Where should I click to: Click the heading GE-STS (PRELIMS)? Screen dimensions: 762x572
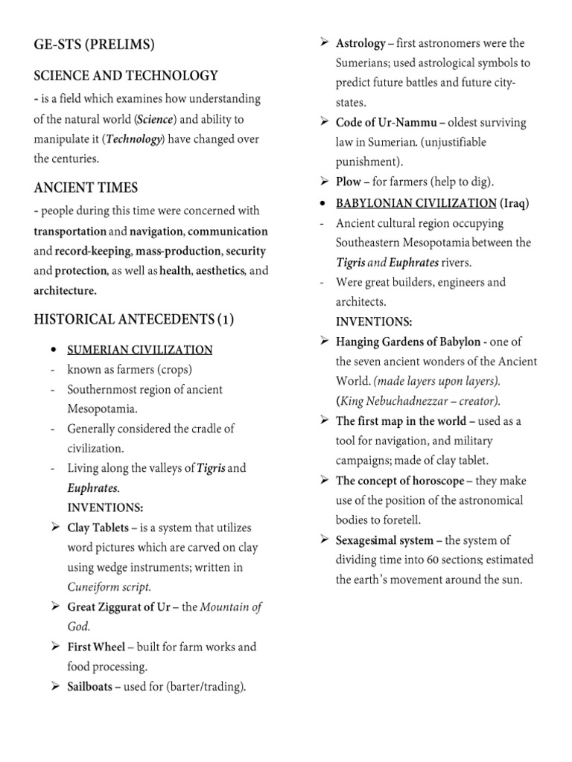click(x=94, y=45)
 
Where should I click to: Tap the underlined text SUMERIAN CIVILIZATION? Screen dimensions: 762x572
click(x=140, y=350)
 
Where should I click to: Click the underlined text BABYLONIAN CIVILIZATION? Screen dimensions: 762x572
click(x=416, y=203)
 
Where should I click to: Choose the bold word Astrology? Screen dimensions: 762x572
click(x=360, y=44)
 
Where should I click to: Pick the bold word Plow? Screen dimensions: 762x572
click(x=349, y=182)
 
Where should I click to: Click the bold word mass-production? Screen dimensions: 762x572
click(x=178, y=252)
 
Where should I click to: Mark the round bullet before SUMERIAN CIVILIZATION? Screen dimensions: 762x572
click(x=54, y=350)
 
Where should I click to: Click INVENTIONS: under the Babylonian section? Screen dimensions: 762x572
click(x=373, y=321)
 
